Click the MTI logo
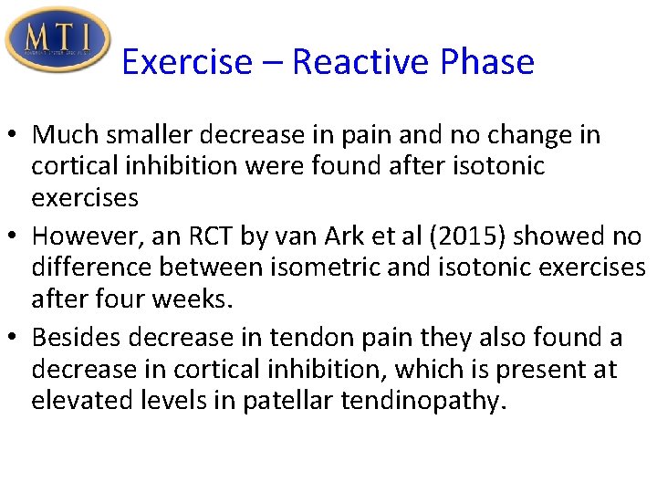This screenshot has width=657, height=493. tap(57, 40)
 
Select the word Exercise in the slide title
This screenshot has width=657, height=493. tap(186, 62)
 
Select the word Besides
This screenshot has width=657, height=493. tap(77, 339)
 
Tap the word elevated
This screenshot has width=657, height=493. tap(78, 400)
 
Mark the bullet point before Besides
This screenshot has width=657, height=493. tap(16, 339)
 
